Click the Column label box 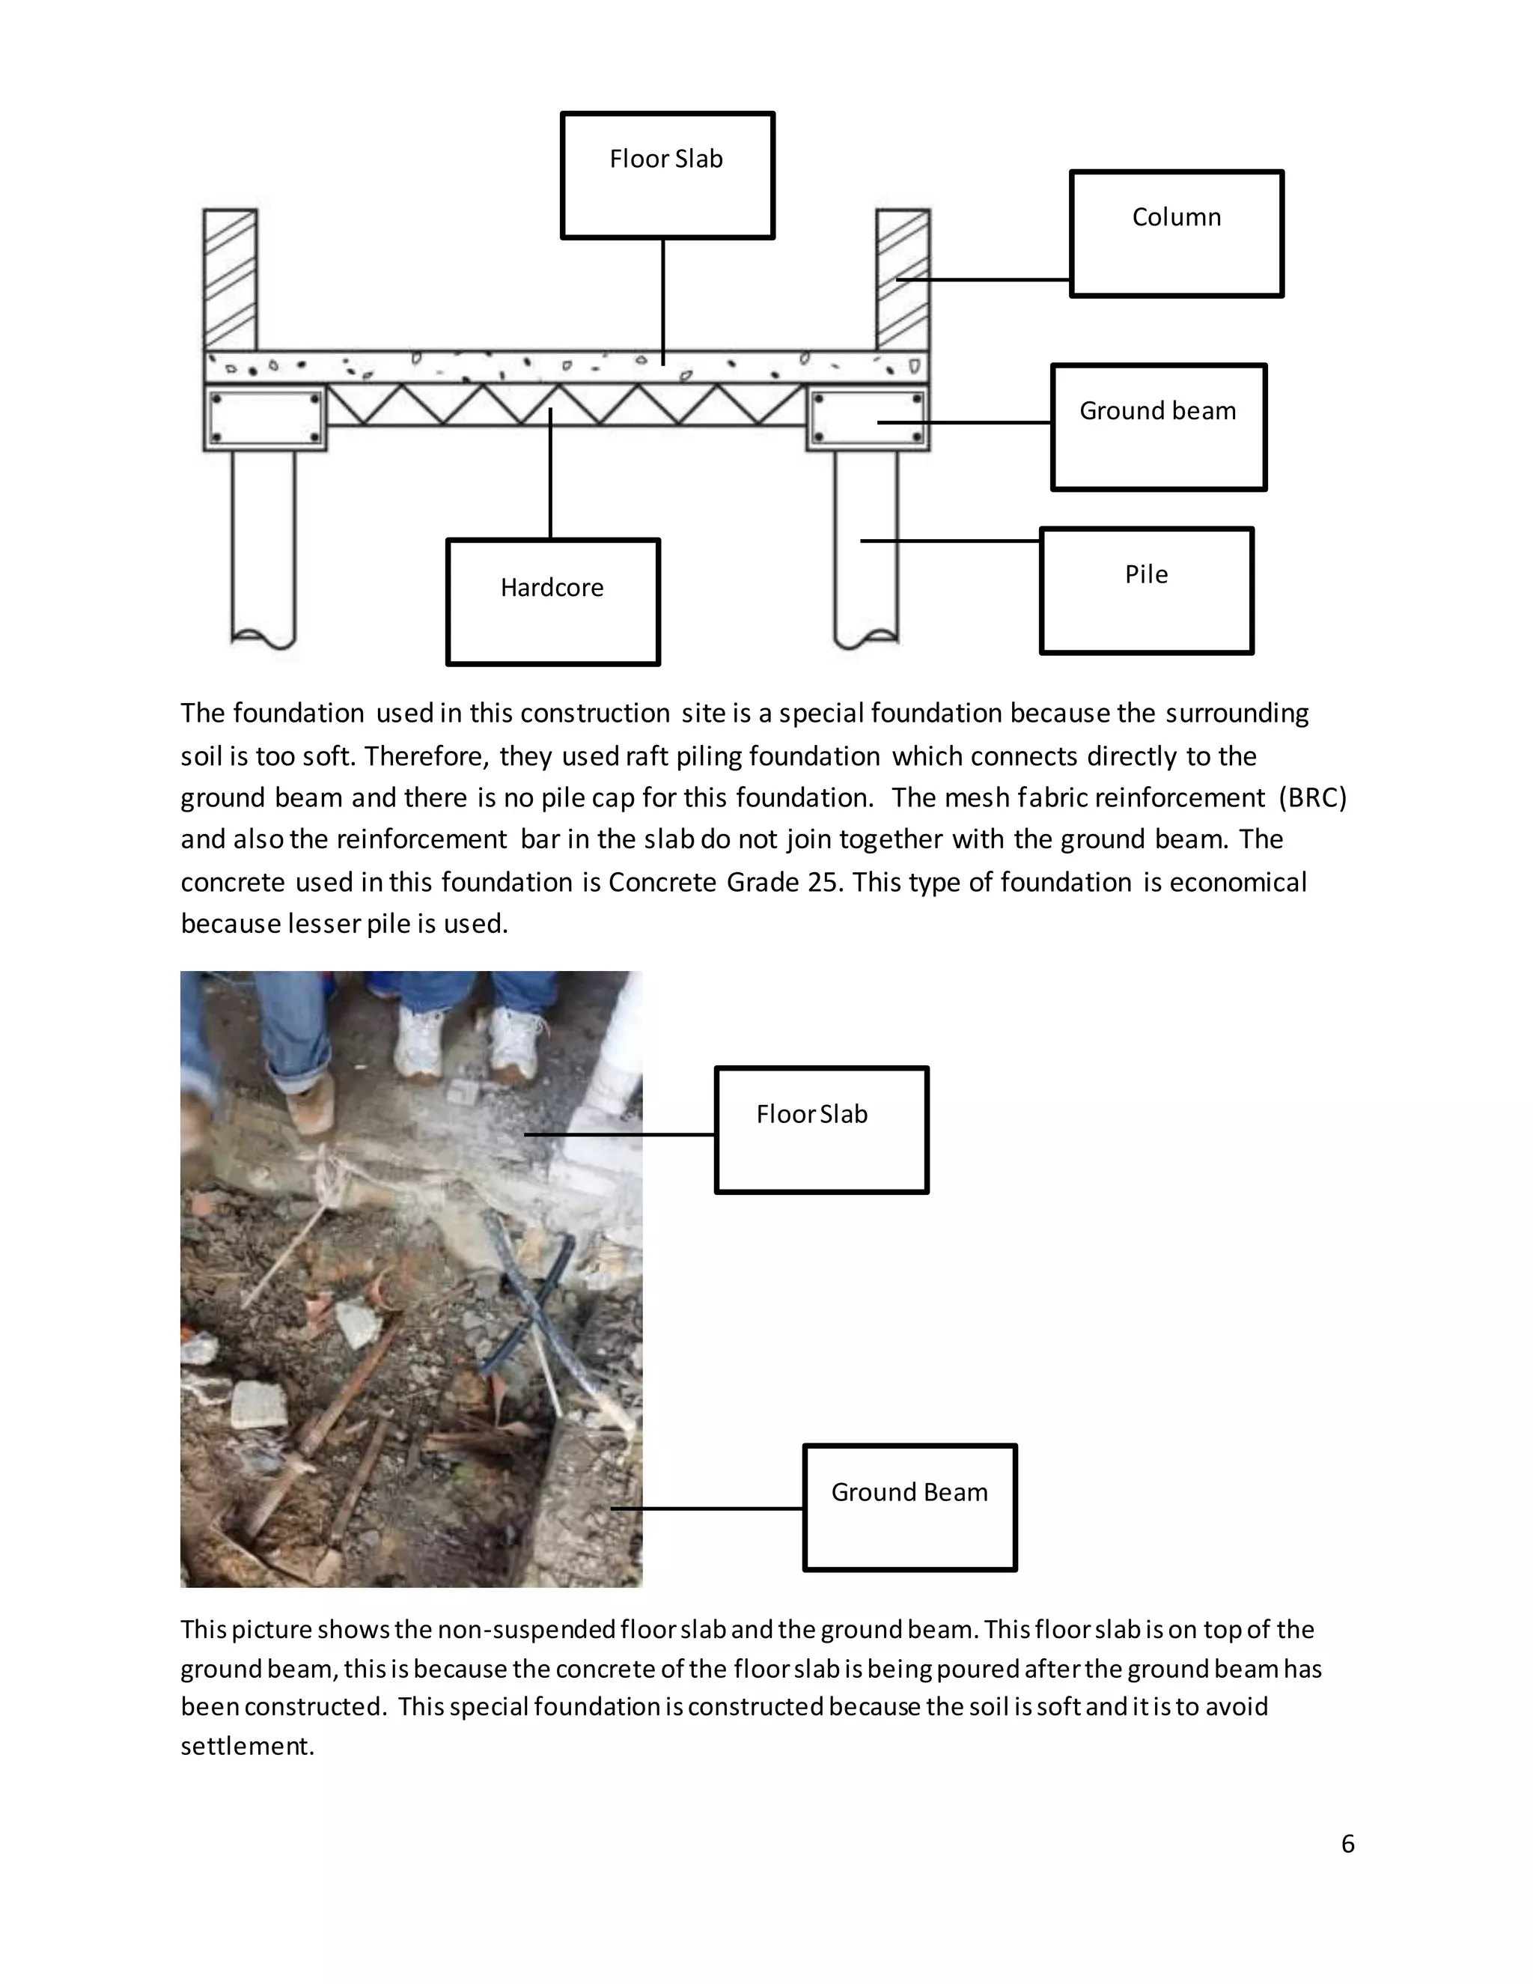coord(1176,234)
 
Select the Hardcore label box coord(552,601)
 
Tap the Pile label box coord(1146,591)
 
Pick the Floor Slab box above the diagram coord(667,175)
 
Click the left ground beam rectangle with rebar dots coord(265,418)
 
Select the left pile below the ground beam coord(263,545)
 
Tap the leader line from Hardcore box coord(550,472)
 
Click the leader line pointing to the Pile coord(950,541)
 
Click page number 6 coord(1347,1843)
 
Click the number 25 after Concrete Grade coord(823,882)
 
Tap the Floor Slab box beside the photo coord(821,1129)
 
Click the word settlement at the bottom coord(246,1746)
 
